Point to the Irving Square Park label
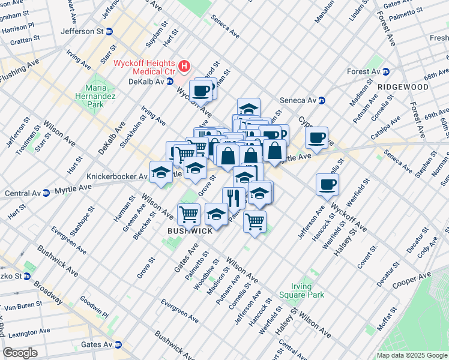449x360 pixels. click(302, 290)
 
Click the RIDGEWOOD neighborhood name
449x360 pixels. click(403, 87)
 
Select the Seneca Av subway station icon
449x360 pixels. click(322, 100)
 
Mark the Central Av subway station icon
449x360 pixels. click(46, 193)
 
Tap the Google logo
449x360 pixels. click(20, 353)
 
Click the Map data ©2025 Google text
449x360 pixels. click(411, 355)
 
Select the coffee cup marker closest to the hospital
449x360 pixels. click(202, 91)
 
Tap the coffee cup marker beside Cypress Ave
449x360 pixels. click(316, 137)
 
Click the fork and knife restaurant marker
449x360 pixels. click(234, 197)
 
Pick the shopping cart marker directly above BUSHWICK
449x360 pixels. click(189, 213)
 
